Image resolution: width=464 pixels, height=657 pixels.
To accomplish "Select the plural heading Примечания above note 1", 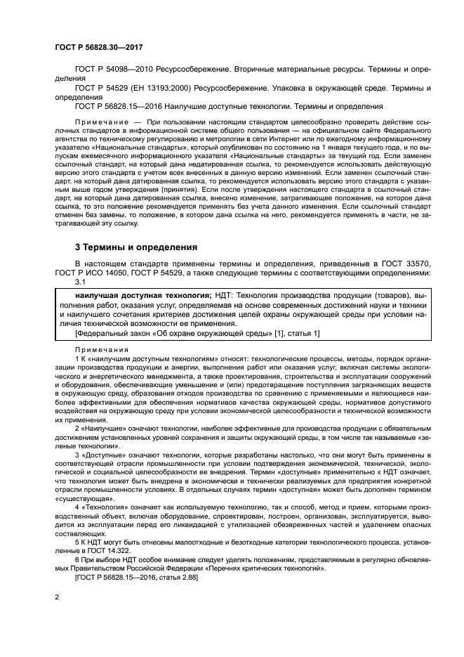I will pyautogui.click(x=102, y=349).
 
